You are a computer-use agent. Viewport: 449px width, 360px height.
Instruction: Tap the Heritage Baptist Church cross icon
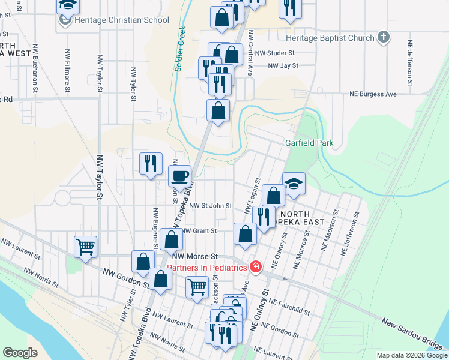click(x=384, y=38)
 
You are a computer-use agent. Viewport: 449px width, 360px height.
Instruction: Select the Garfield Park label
click(x=309, y=143)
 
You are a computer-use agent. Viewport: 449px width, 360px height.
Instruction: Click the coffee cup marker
click(x=179, y=176)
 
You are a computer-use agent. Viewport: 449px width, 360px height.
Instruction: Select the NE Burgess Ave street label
click(x=373, y=94)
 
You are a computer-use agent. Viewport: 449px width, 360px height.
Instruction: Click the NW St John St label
click(x=210, y=205)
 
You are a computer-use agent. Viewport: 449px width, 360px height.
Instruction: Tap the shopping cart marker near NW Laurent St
click(x=86, y=247)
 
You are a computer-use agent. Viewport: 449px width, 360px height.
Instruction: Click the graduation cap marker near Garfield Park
click(x=294, y=183)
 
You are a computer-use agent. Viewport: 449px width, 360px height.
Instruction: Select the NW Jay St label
click(x=283, y=66)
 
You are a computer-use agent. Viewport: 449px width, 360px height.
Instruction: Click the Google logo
click(x=20, y=352)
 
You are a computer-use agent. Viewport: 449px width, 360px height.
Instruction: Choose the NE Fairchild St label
click(x=289, y=306)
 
